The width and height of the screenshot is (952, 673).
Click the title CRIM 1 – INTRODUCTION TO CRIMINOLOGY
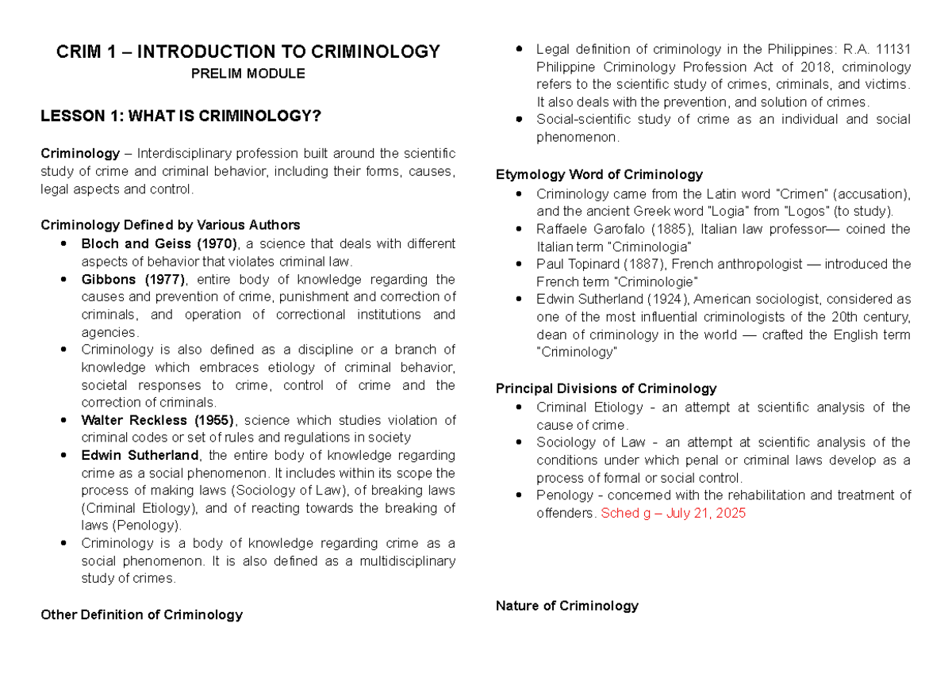[x=248, y=52]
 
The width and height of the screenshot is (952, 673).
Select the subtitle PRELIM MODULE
[x=248, y=74]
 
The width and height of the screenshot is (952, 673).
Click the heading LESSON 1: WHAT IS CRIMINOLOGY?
[x=181, y=117]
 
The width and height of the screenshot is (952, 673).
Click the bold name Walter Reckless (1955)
[x=157, y=420]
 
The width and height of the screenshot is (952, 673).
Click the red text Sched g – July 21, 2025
[x=674, y=513]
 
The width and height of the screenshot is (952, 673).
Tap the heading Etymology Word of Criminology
[x=599, y=174]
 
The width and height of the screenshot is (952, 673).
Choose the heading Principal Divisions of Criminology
[x=605, y=388]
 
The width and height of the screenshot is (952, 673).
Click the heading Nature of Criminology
[x=566, y=606]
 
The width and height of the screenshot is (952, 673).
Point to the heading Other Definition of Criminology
[x=141, y=614]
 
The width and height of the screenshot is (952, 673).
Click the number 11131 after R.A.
[x=892, y=49]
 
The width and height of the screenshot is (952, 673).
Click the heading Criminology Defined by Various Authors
[x=170, y=225]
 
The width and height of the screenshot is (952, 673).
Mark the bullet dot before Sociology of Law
[x=519, y=443]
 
